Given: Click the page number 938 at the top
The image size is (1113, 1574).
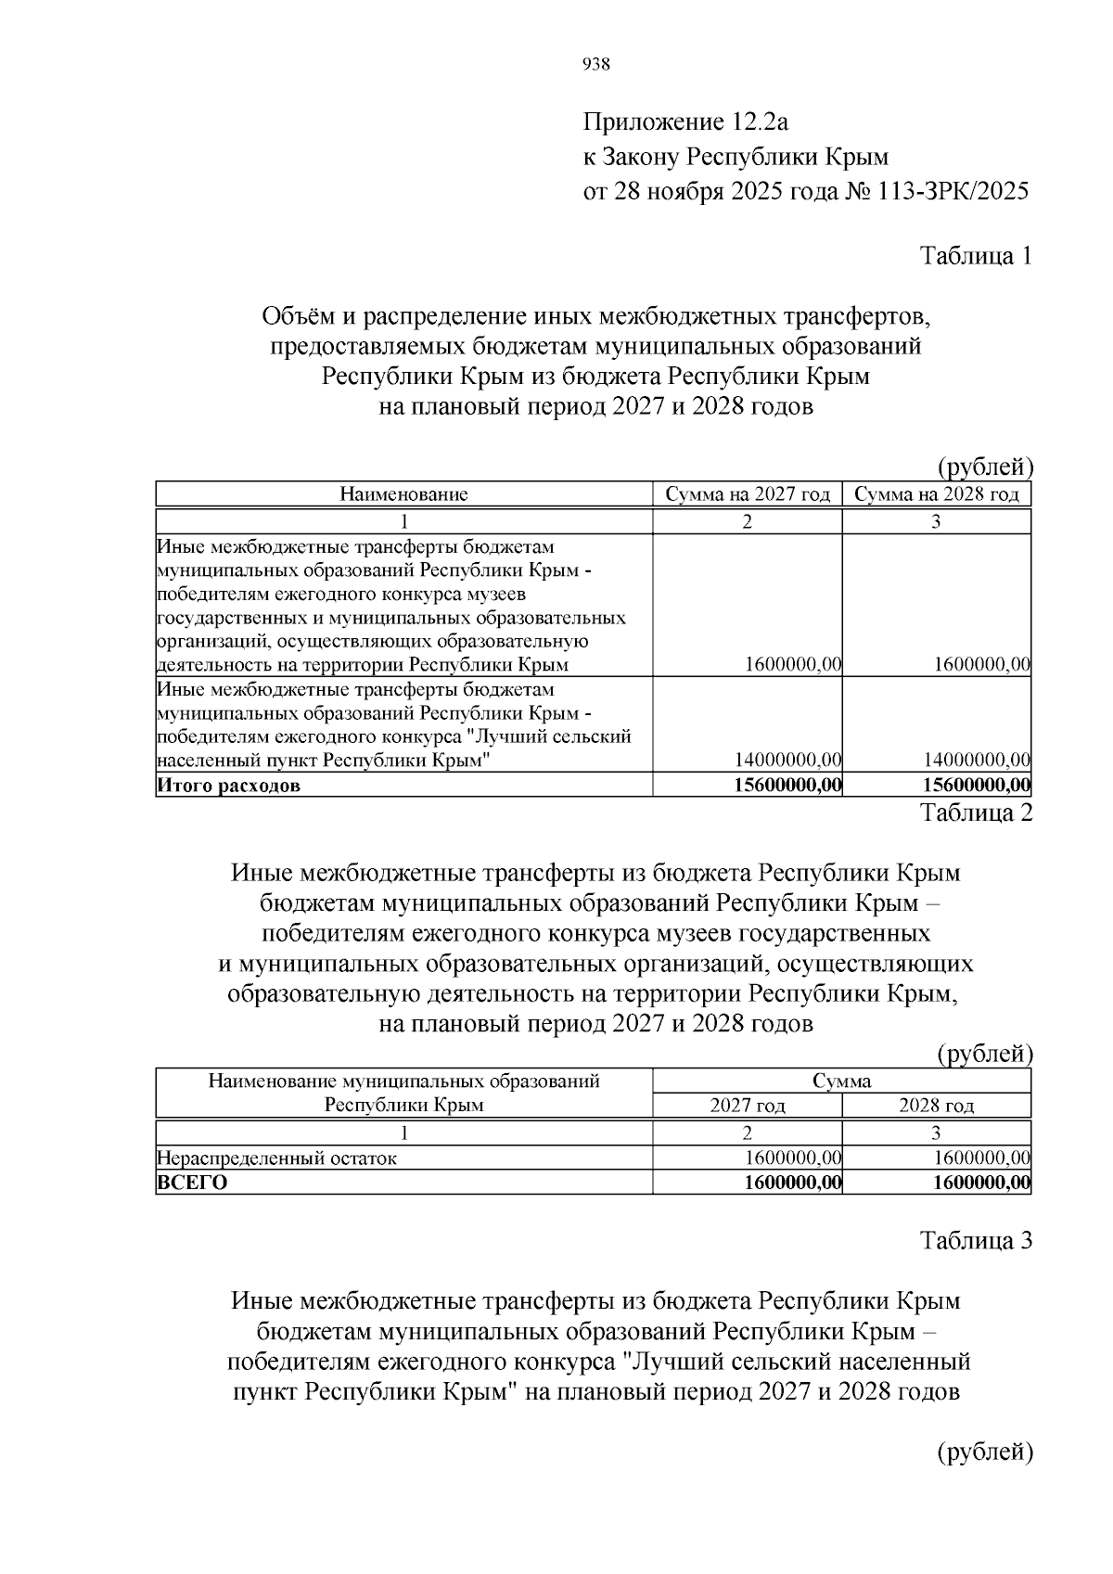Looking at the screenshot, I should click(x=595, y=64).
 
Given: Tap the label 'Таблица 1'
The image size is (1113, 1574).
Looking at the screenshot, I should click(x=975, y=256).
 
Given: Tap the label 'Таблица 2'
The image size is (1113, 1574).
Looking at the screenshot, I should click(x=975, y=813).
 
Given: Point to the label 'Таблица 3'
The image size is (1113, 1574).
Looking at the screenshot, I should click(x=975, y=1241).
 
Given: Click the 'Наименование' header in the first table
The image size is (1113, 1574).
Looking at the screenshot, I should click(x=403, y=494).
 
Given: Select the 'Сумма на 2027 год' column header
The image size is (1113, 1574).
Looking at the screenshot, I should click(x=748, y=494).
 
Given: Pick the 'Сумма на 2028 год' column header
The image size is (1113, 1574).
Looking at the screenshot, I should click(x=936, y=494).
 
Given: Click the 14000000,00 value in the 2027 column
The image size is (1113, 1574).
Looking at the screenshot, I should click(x=787, y=761).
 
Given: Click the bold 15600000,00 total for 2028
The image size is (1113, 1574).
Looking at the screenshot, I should click(x=977, y=786).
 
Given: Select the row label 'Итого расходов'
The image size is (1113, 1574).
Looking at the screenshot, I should click(x=229, y=787).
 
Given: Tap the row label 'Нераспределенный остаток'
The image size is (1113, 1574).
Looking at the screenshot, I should click(x=277, y=1158).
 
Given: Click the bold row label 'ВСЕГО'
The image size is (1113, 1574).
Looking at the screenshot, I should click(x=192, y=1183).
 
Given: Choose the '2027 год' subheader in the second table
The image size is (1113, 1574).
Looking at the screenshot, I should click(x=748, y=1106).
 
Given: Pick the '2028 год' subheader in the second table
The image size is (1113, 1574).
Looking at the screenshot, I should click(x=936, y=1106).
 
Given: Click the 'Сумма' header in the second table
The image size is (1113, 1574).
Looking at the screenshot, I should click(x=841, y=1081).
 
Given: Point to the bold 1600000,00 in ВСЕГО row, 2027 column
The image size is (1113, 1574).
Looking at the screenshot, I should click(x=793, y=1183).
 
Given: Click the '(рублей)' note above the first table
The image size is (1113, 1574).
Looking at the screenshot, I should click(x=984, y=467).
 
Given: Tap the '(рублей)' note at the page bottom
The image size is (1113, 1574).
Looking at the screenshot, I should click(x=984, y=1452).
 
